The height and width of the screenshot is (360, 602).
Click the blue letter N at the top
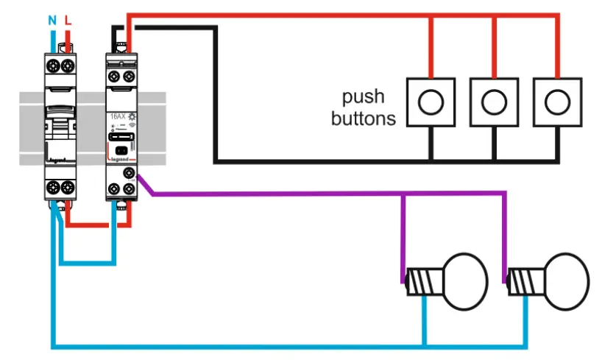(x=52, y=21)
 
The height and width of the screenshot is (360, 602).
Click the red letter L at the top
(x=68, y=21)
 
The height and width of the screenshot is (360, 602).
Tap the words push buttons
(x=363, y=108)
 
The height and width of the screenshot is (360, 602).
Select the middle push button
(x=494, y=101)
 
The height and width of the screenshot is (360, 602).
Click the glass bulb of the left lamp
(x=464, y=278)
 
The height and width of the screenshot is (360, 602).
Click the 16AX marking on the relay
(x=116, y=117)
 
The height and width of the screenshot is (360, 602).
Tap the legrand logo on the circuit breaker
(x=57, y=158)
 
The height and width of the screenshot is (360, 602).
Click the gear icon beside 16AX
(x=132, y=117)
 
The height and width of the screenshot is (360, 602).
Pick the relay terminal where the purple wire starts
(x=130, y=174)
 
